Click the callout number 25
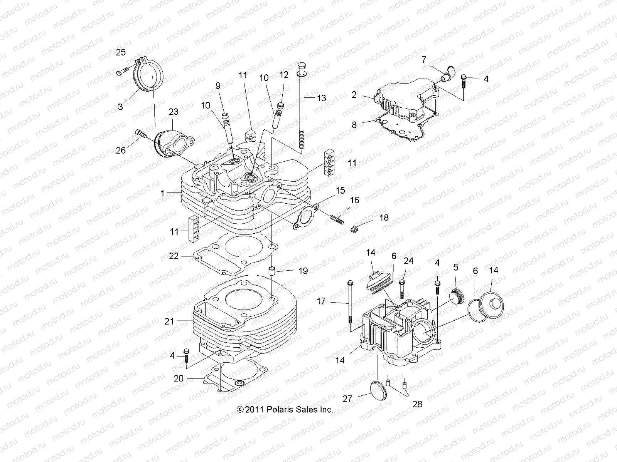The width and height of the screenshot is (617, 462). click(121, 53)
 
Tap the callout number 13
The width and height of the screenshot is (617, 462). click(321, 98)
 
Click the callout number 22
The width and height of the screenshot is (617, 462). click(174, 256)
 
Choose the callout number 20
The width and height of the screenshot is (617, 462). click(179, 379)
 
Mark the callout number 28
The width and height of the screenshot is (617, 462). click(418, 404)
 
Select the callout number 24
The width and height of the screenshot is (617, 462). click(408, 261)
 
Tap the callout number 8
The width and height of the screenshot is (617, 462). click(354, 125)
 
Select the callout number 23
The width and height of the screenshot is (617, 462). click(174, 112)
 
